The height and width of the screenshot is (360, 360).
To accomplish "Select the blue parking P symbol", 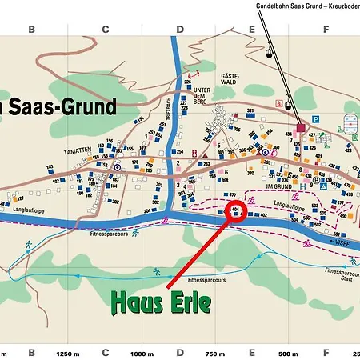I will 316,119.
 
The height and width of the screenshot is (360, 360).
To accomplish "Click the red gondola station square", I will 301,127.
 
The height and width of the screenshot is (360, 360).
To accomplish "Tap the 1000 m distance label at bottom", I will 142,353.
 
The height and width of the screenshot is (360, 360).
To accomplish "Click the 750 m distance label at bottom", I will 215,353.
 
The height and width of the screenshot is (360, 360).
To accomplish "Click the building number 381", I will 250,111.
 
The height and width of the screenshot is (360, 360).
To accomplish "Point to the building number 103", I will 50,166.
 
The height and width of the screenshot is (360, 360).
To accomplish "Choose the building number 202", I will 114,202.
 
